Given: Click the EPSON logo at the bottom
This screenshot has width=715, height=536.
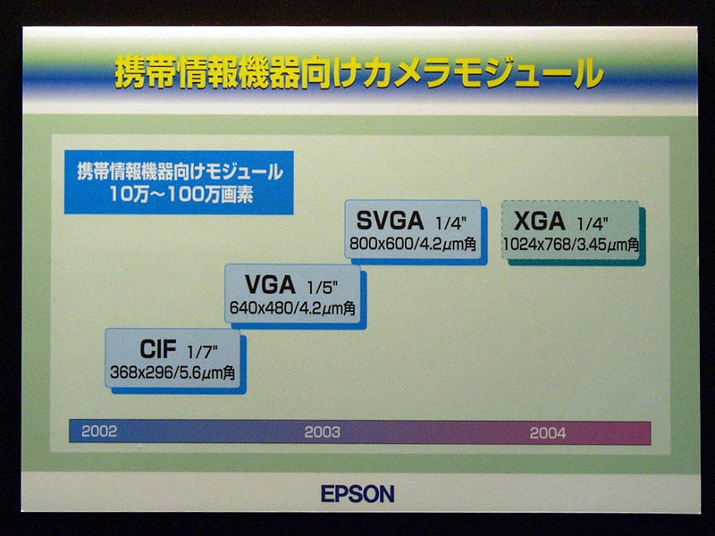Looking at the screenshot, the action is [x=357, y=494].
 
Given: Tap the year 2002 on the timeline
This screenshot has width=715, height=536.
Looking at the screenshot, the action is [x=99, y=431].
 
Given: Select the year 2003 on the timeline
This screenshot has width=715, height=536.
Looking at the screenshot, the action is [x=322, y=431].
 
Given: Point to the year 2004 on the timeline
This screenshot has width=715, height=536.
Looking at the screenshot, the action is [x=548, y=432].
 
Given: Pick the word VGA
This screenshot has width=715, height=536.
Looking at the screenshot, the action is [x=270, y=285].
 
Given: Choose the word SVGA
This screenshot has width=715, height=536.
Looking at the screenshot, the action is [x=390, y=221].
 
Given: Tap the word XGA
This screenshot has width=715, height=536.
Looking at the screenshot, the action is [x=540, y=222].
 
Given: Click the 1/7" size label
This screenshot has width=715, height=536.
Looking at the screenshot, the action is [x=203, y=352].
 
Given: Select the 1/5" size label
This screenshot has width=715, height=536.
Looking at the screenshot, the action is [x=322, y=288].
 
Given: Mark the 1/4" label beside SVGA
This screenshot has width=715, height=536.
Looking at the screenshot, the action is [x=451, y=223].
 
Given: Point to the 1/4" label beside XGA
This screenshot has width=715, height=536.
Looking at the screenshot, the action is [x=593, y=224].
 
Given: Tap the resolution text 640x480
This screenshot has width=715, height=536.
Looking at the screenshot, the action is [x=260, y=308].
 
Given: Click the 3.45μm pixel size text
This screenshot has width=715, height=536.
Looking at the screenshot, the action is [x=601, y=245].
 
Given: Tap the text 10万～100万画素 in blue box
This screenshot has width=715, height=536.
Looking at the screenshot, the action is [x=181, y=195].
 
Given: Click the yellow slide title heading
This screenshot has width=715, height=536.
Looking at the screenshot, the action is [x=359, y=72].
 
